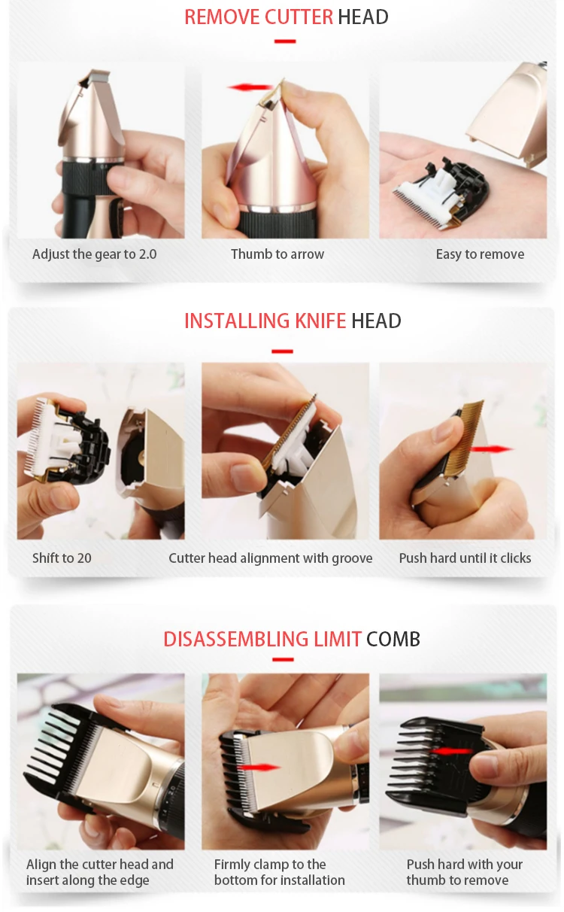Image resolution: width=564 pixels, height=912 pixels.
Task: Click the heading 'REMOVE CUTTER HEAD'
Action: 286,17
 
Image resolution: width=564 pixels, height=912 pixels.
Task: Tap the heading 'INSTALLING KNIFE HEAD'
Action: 293,321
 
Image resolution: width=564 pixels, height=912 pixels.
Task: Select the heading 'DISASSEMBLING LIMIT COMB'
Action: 291,639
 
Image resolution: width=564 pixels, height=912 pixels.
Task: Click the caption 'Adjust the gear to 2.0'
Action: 95,254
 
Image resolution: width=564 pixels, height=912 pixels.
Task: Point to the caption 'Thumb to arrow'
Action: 277,254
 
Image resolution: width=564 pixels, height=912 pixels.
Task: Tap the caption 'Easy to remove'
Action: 481,254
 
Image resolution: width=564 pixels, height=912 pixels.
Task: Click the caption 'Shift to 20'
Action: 62,558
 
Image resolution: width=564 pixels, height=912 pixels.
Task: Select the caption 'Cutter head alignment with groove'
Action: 271,558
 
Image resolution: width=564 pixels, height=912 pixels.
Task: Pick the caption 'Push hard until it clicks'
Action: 465,558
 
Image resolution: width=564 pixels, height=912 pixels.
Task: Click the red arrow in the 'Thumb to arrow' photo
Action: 250,87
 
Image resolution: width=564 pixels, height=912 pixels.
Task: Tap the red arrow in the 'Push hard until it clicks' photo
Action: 491,449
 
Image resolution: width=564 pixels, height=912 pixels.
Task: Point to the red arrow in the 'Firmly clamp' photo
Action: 259,768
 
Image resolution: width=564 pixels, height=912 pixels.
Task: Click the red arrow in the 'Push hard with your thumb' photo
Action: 451,751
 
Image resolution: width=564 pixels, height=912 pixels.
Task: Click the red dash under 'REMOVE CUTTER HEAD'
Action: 285,41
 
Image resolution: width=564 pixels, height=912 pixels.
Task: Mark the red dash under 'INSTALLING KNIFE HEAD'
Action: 283,351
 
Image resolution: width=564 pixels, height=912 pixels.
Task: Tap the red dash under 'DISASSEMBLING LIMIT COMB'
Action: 283,660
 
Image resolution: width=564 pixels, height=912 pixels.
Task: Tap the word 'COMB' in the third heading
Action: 393,639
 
